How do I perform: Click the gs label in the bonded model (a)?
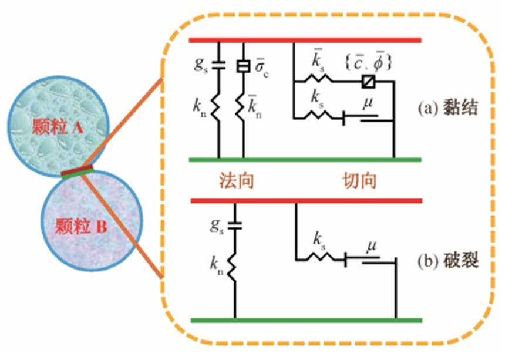pos(201,64)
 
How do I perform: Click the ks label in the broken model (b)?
pos(319,240)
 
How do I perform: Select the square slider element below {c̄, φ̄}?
pos(369,80)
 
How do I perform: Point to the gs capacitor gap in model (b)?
pos(235,224)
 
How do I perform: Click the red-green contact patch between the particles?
pos(77,171)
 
